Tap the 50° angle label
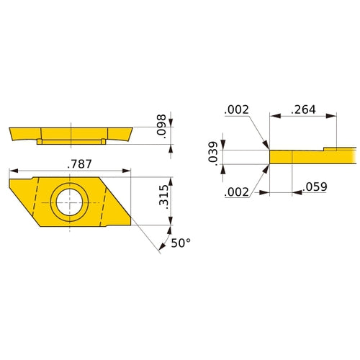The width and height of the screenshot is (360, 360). [x=180, y=243]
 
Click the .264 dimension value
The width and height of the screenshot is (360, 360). [x=302, y=109]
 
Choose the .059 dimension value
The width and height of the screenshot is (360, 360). [x=315, y=186]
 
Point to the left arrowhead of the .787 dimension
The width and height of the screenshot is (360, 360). [x=12, y=171]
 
